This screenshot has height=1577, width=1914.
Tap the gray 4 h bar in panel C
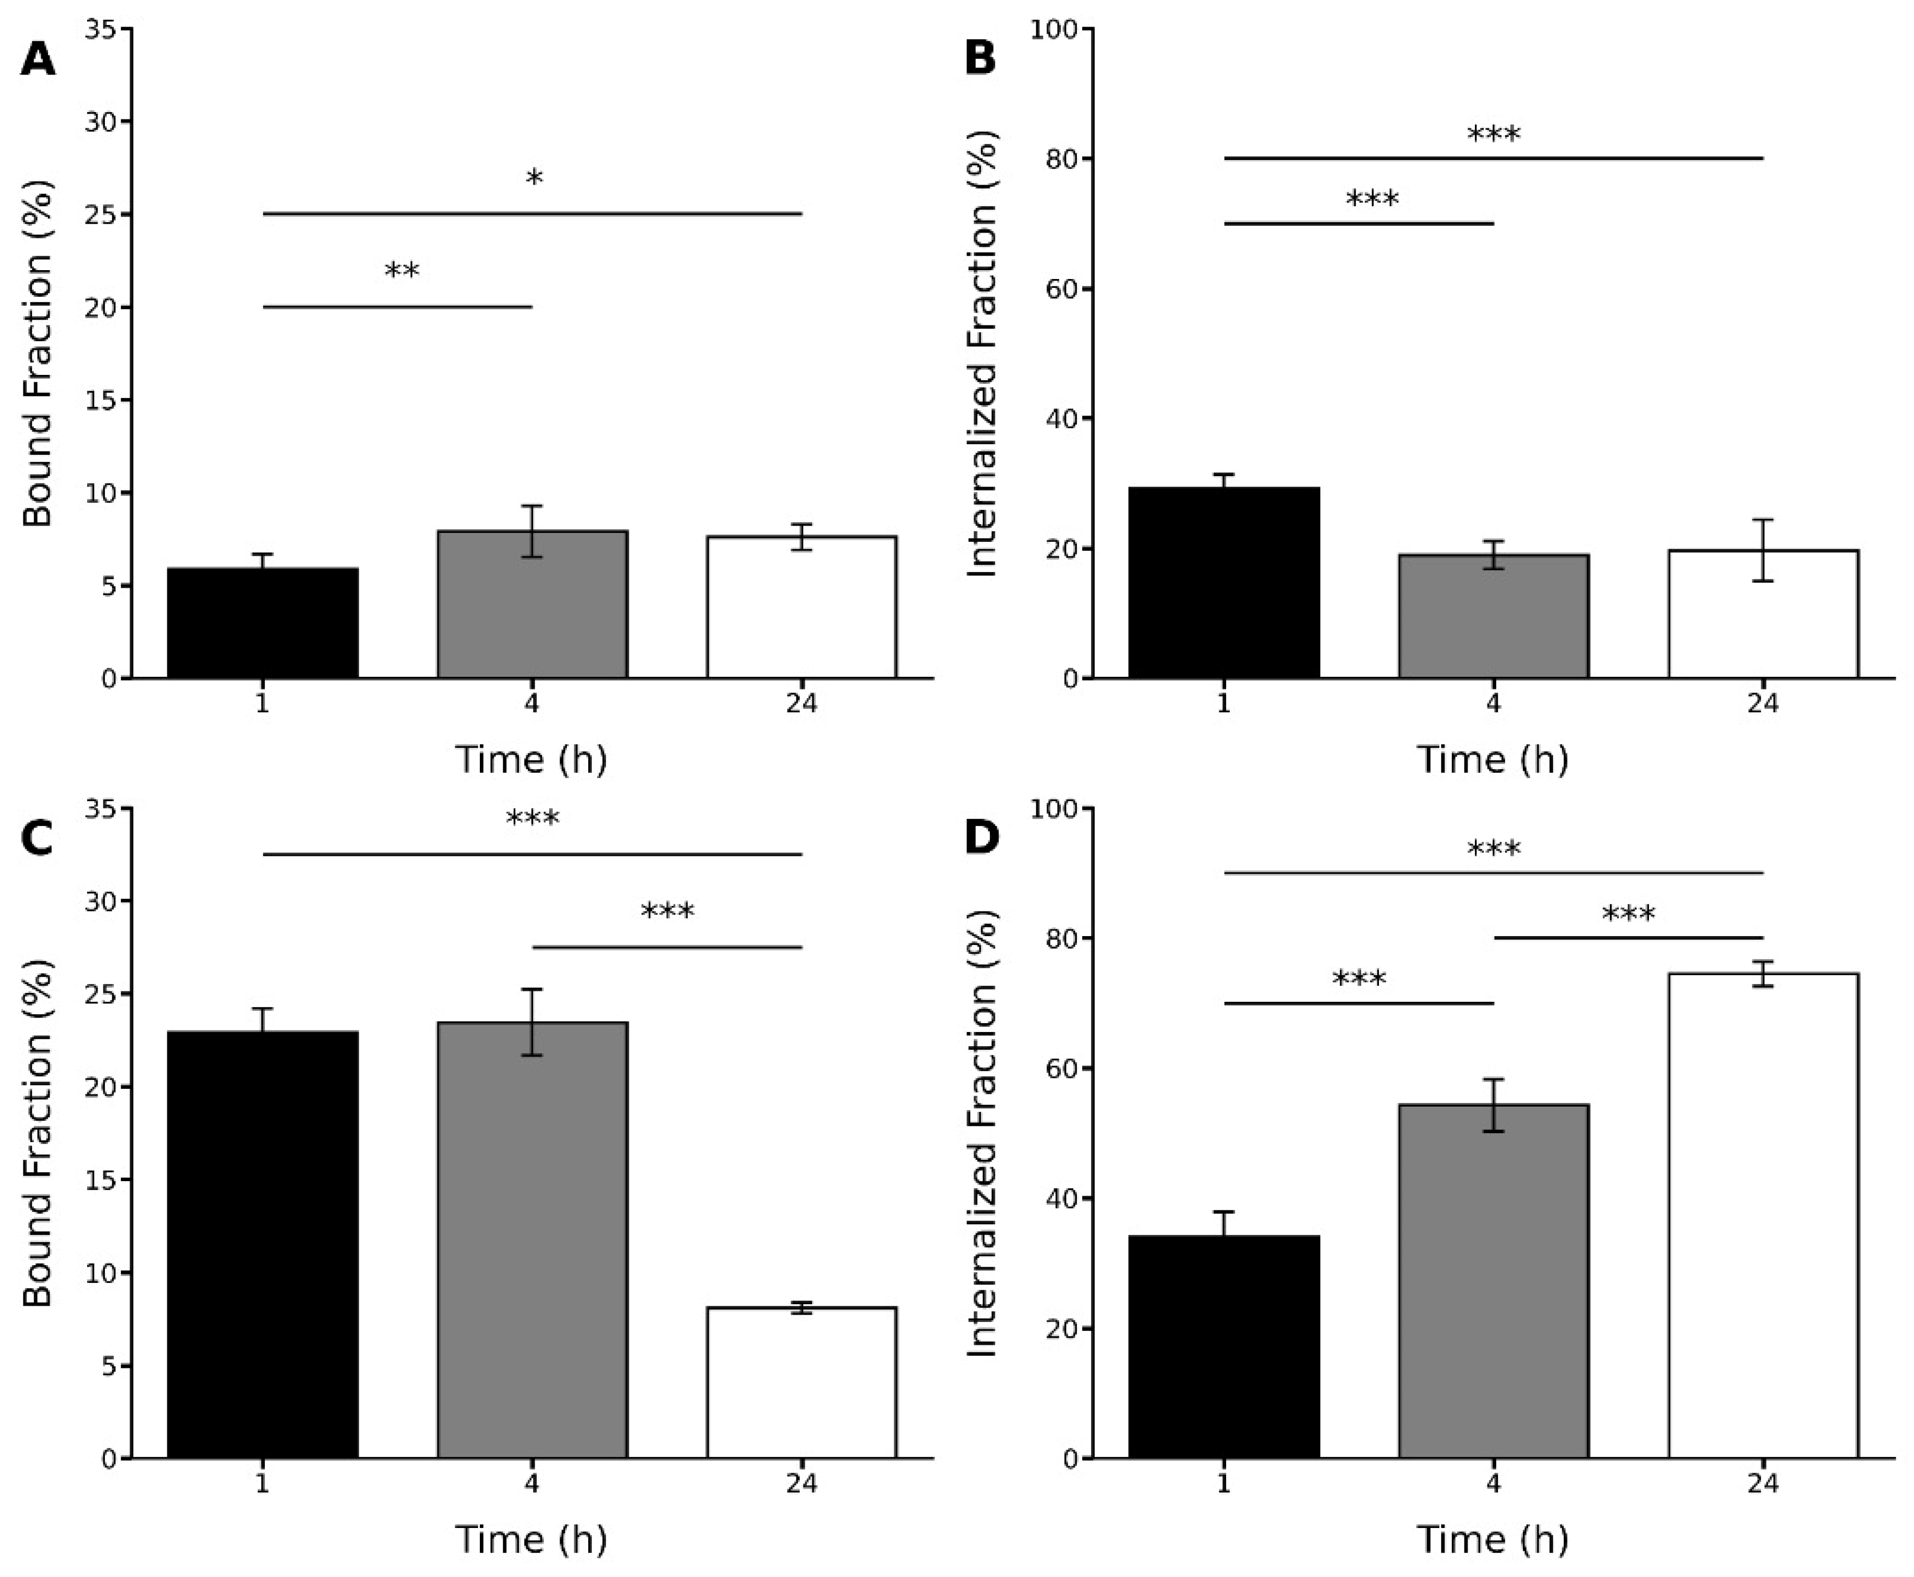[x=532, y=1240]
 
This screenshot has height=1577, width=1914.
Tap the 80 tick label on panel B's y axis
[x=1054, y=159]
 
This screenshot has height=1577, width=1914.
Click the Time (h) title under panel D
[x=1493, y=1540]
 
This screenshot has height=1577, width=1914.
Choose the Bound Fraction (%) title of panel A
[x=38, y=354]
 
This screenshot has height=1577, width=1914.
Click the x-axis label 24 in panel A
[x=801, y=704]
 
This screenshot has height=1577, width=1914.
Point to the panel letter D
[x=981, y=836]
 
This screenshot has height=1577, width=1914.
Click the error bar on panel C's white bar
[x=801, y=1307]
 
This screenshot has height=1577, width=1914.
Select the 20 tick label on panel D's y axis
[x=1054, y=1329]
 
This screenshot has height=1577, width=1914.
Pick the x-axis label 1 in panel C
[x=262, y=1484]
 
